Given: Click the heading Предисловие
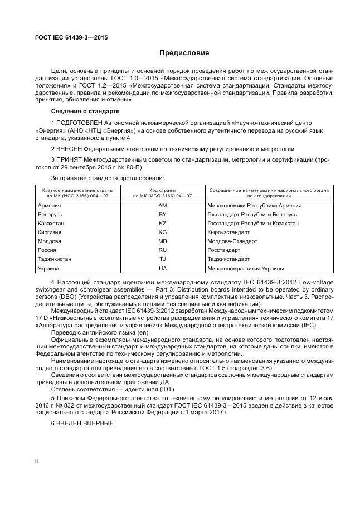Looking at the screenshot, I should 184,54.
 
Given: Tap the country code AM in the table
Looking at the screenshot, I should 163,206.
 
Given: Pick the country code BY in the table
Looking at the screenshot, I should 163,215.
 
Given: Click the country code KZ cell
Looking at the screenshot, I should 163,224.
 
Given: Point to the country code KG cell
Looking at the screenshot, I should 163,232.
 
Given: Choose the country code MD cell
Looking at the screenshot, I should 163,241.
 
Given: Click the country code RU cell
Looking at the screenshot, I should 163,250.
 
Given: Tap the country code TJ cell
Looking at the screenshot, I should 163,259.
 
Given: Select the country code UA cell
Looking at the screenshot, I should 163,268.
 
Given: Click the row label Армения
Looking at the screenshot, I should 50,206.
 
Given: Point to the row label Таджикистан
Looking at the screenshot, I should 55,259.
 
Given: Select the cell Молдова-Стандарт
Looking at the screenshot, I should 232,241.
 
